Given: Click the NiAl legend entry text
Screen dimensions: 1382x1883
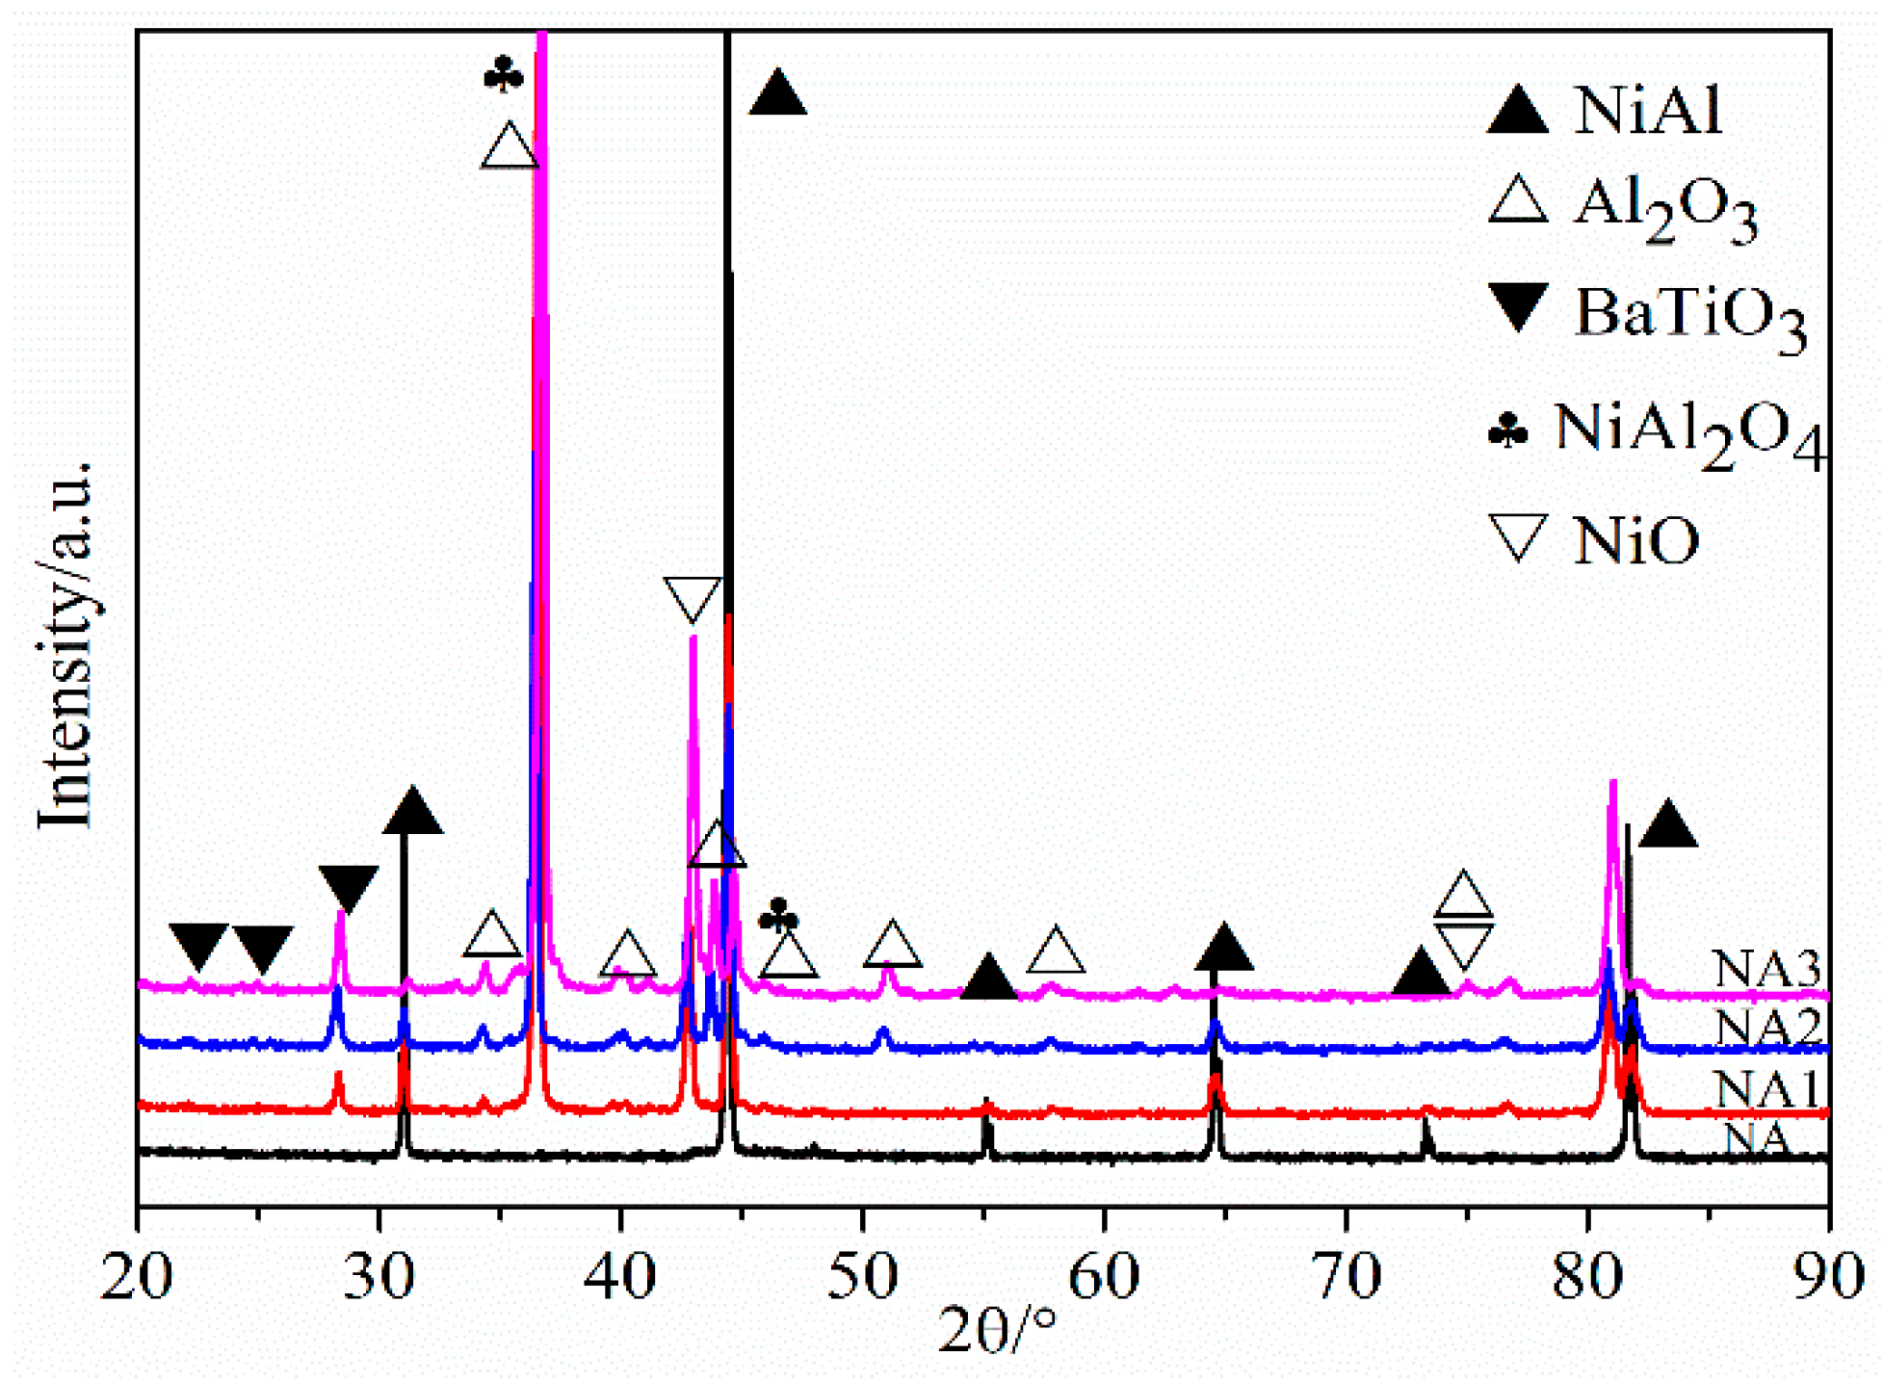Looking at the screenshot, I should click(1647, 111).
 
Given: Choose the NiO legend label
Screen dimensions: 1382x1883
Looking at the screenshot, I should click(1635, 541).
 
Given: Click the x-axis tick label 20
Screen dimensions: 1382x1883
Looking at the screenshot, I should click(137, 1277).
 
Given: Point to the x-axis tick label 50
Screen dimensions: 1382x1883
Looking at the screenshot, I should click(862, 1277).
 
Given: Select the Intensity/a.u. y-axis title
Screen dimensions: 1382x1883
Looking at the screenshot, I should click(65, 645).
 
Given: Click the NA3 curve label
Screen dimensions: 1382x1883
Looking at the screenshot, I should click(1766, 968).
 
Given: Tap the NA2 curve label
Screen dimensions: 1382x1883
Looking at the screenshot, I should click(1766, 1027).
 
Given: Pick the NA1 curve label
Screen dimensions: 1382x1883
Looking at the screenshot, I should click(1766, 1089).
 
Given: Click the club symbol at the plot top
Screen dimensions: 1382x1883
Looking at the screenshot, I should click(504, 75).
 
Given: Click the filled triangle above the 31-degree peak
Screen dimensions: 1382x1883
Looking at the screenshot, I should click(412, 811).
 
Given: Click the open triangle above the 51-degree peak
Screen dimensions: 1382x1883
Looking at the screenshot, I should click(892, 944).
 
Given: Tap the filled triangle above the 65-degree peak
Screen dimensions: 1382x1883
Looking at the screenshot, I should click(1223, 948).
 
